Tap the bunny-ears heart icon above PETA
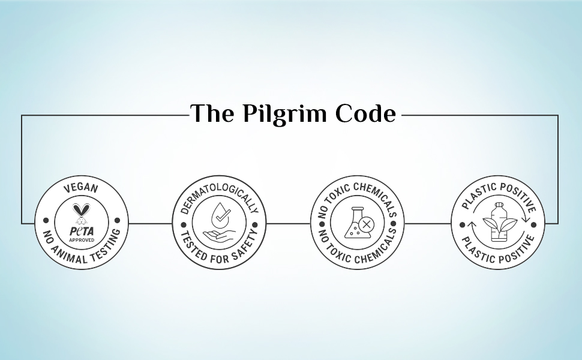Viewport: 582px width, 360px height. click(x=81, y=212)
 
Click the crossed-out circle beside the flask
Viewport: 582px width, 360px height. click(x=367, y=225)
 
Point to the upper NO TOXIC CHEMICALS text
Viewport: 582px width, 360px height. click(x=356, y=192)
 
